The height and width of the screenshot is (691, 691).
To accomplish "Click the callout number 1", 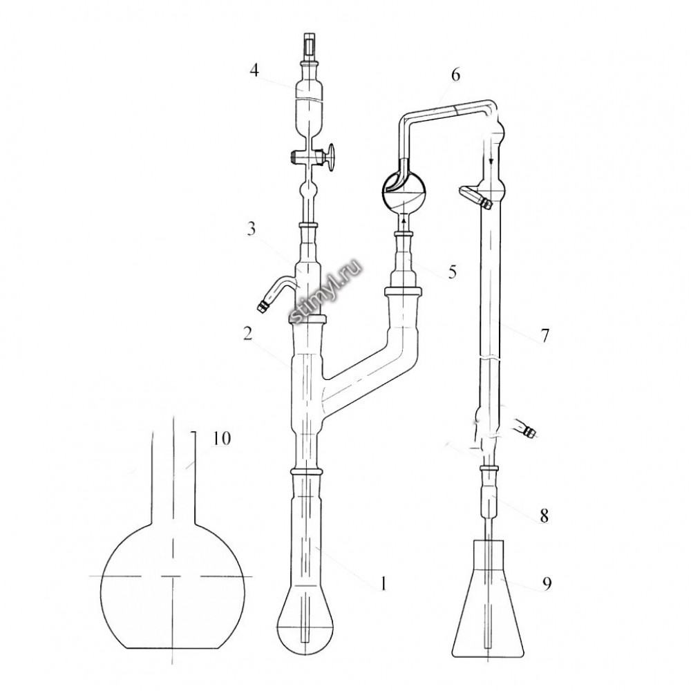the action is tap(384, 583).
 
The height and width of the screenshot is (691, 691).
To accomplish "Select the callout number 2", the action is tap(247, 334).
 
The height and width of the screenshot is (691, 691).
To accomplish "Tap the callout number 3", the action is tap(252, 229).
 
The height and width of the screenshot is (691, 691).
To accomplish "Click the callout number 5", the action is tap(452, 272).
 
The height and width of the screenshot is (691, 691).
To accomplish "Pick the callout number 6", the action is tap(455, 75).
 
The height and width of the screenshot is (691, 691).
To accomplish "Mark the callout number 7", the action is tap(545, 336).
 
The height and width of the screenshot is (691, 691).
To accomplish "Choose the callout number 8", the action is tap(545, 515).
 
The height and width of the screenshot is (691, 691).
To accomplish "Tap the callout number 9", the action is tap(547, 584).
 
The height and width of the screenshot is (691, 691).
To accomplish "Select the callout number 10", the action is tap(222, 439).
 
